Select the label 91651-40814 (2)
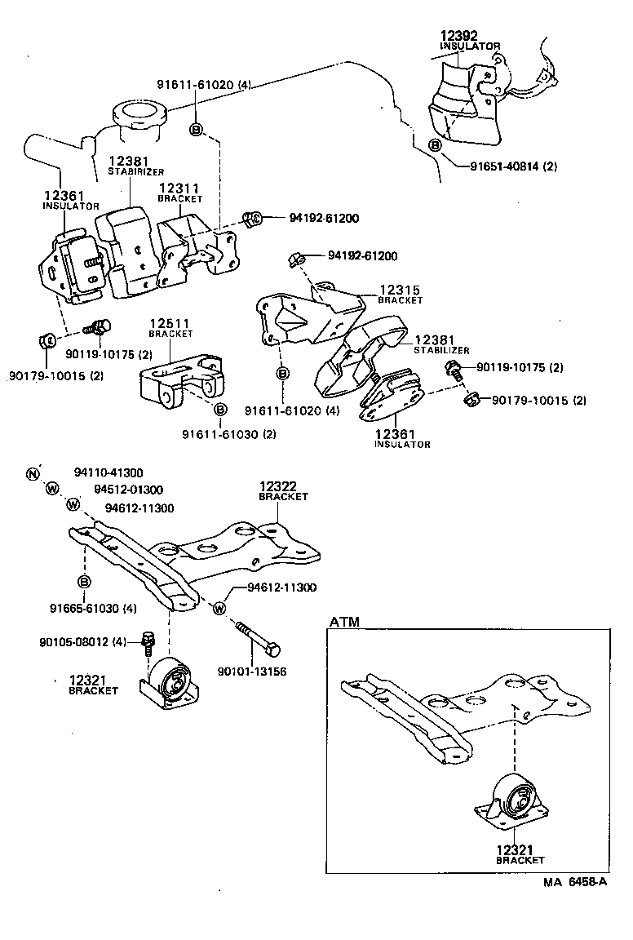click(513, 166)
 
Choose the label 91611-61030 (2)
click(229, 433)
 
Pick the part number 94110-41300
click(108, 472)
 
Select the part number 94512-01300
click(128, 490)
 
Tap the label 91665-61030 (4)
click(92, 607)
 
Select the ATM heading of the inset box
click(343, 622)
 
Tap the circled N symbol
click(33, 474)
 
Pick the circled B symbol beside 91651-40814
click(435, 145)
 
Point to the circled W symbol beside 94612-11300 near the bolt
click(219, 607)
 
